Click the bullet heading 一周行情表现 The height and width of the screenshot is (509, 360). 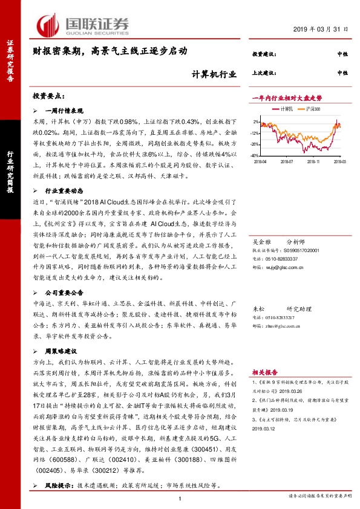coord(63,111)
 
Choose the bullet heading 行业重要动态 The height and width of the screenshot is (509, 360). coord(63,190)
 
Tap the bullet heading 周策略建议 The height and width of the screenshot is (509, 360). coord(60,351)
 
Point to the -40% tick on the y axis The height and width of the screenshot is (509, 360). coord(257,144)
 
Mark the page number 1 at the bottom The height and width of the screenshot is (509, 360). coord(180,498)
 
